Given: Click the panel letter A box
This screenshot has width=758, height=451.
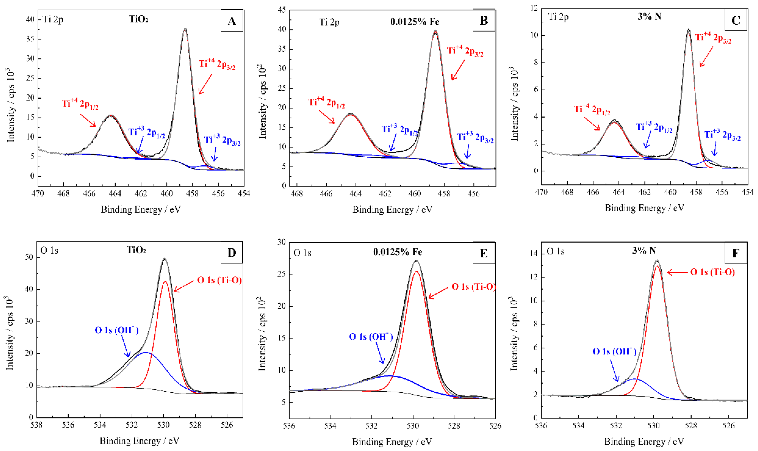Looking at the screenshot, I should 232,21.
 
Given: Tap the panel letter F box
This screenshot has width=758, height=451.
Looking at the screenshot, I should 736,253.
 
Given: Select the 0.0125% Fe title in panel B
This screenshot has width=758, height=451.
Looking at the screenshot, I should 415,21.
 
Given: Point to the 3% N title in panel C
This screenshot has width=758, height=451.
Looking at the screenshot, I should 649,16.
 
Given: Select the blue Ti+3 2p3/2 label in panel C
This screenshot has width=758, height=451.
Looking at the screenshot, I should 722,135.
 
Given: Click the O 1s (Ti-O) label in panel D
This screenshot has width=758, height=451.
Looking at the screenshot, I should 219,280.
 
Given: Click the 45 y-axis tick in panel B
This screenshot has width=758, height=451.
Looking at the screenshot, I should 282,10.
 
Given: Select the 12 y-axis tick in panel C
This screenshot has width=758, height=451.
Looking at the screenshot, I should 534,8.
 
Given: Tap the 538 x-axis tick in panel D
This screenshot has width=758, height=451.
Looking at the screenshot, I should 36,425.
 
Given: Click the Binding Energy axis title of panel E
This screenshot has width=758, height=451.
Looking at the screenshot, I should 392,442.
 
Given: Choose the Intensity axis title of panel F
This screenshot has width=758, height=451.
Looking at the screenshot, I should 513,333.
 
